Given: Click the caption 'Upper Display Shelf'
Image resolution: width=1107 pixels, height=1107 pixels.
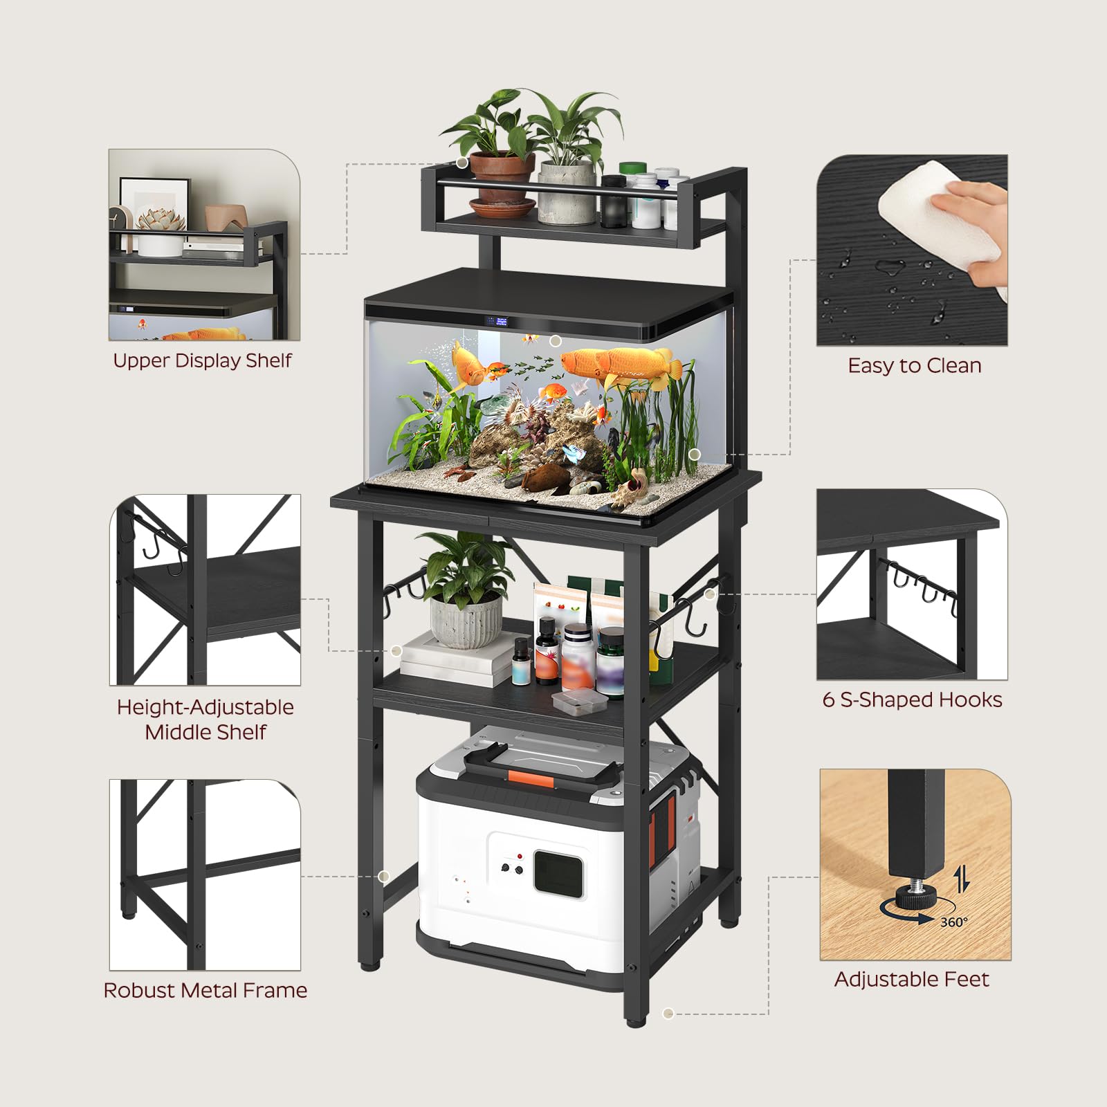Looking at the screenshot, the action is click(x=202, y=361).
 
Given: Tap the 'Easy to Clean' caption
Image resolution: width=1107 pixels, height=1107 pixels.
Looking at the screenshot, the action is click(x=915, y=366).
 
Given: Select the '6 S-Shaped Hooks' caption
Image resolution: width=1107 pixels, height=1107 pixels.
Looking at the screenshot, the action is click(x=912, y=700).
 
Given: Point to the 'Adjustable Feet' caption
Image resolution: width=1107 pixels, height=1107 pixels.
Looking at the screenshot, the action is click(x=912, y=980).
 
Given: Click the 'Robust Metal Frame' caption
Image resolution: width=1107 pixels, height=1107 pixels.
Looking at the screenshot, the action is click(x=205, y=991).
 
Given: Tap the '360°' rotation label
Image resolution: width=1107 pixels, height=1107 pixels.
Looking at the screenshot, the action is click(x=954, y=922).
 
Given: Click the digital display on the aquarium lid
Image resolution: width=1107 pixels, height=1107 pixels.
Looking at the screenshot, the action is click(x=497, y=322).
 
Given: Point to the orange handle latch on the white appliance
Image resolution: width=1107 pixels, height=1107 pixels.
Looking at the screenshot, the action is click(x=531, y=778).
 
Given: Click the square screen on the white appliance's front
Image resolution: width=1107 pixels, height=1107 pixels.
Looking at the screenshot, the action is click(x=558, y=874).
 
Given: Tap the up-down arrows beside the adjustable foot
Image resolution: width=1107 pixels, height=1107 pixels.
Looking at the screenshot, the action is click(x=962, y=879).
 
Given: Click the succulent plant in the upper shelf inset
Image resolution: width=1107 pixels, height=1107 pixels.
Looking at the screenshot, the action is click(x=161, y=219).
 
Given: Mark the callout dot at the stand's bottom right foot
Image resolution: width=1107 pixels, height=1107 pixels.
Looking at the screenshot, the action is click(x=668, y=1014).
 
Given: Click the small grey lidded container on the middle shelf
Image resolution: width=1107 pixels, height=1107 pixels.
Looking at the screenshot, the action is click(x=580, y=702).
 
